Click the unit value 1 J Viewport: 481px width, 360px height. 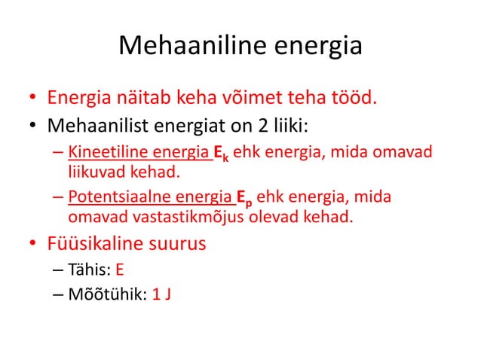pos(161,294)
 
